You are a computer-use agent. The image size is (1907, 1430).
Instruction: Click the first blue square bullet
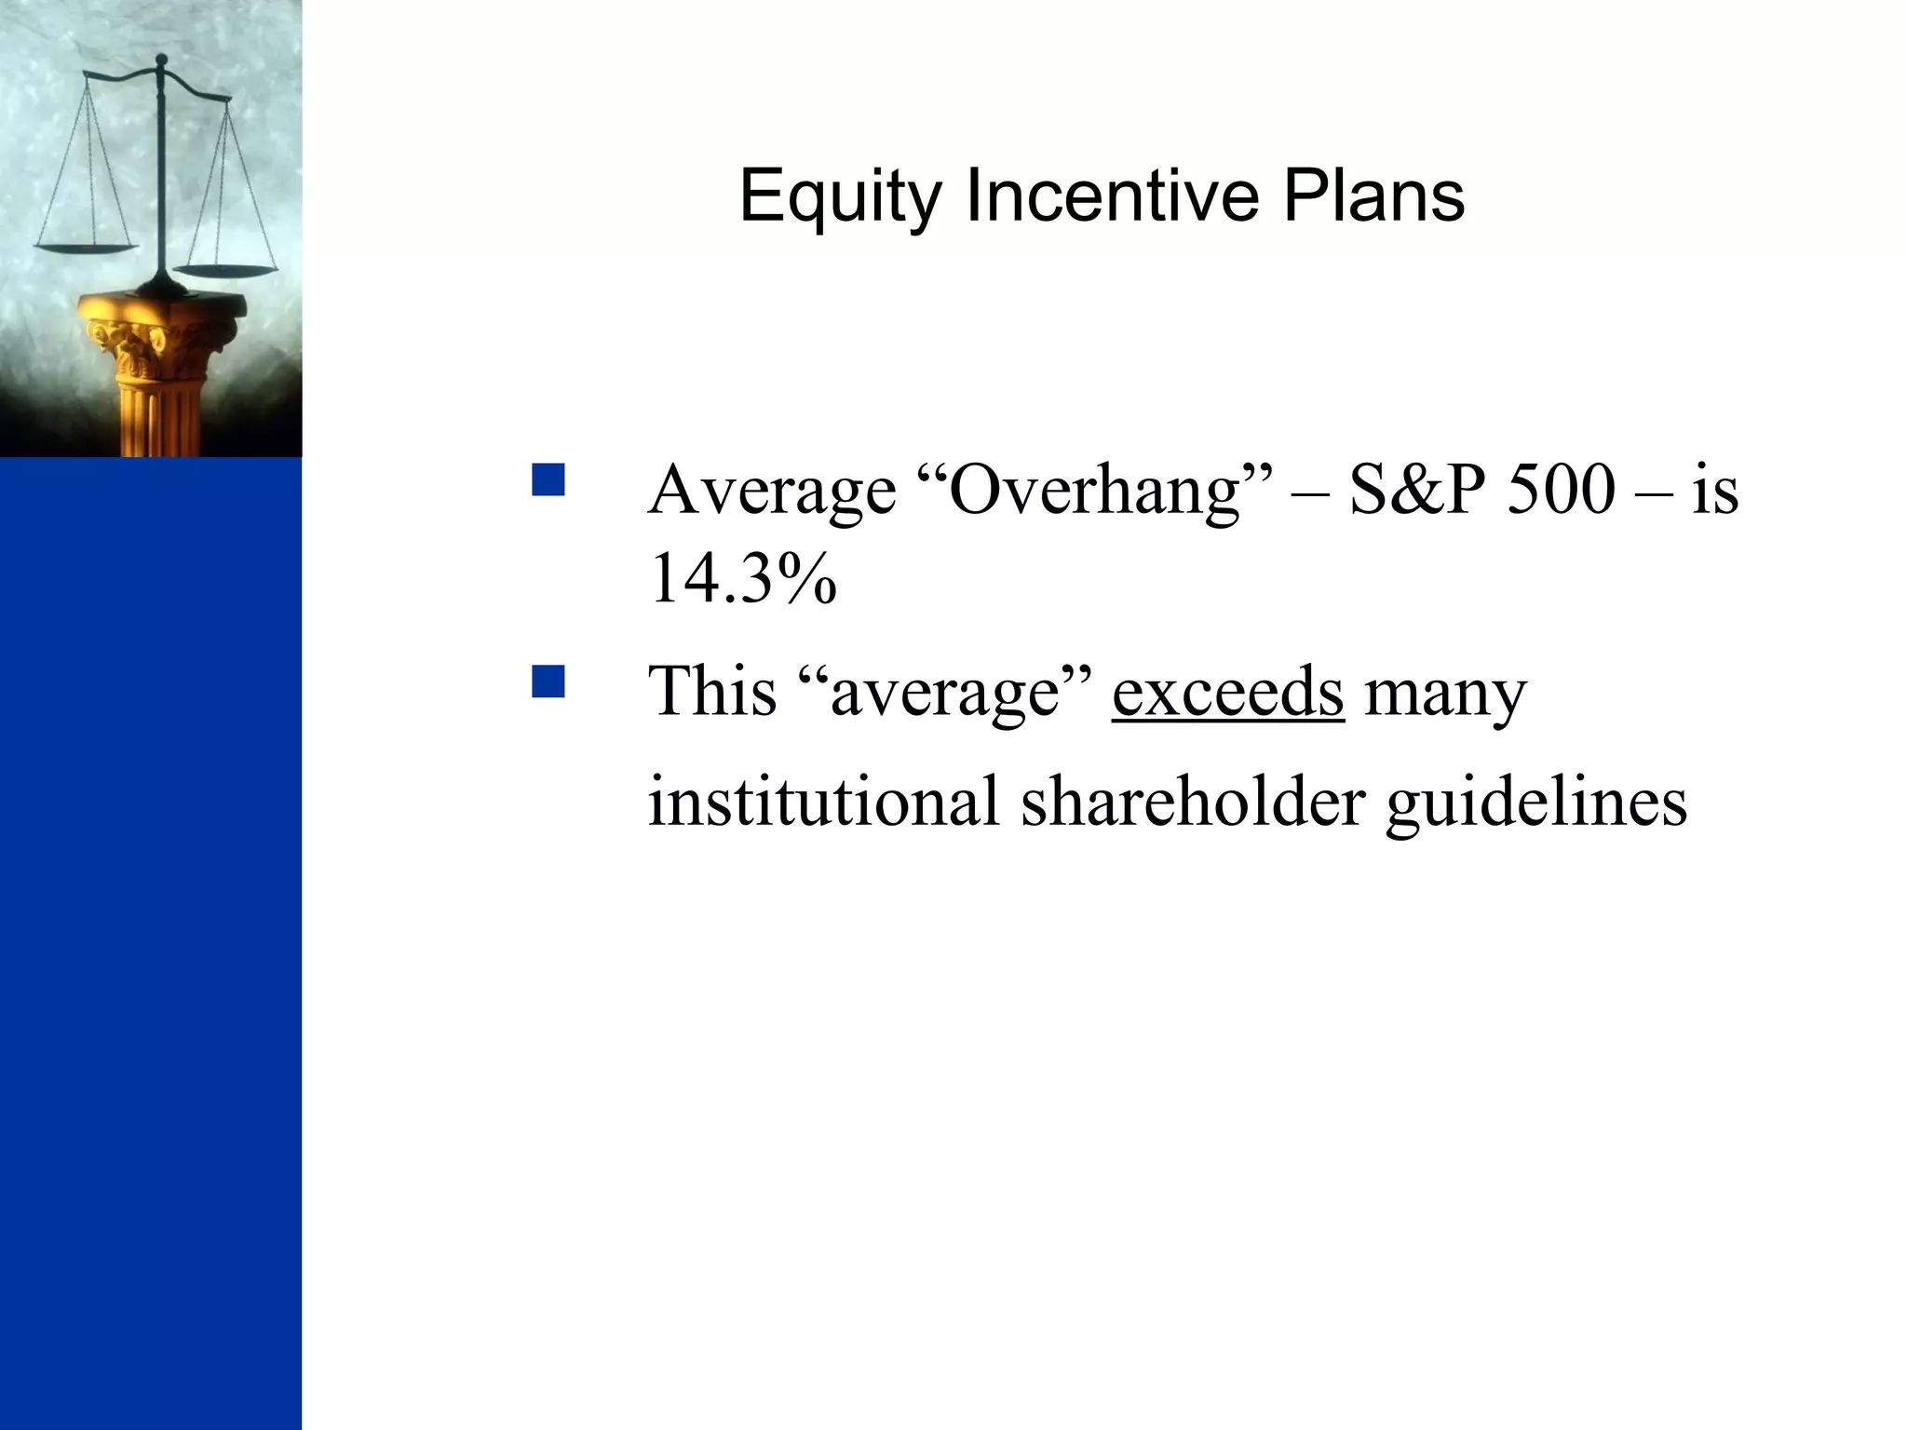(x=548, y=480)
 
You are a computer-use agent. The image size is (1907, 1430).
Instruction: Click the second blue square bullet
(x=548, y=681)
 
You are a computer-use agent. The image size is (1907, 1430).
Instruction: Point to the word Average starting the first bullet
(x=772, y=491)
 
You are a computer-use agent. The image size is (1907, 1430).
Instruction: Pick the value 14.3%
(x=743, y=578)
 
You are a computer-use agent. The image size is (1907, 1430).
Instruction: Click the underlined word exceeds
(x=1227, y=692)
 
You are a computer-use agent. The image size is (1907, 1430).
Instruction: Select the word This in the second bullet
(x=712, y=692)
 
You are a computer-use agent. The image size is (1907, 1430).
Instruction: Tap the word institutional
(x=823, y=801)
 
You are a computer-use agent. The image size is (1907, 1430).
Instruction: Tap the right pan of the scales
(x=226, y=271)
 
